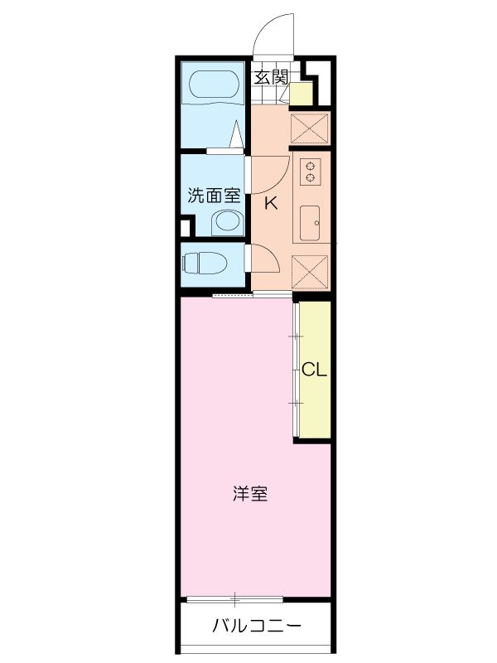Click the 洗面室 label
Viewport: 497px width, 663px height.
[213, 196]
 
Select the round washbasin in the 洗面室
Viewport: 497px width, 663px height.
[225, 221]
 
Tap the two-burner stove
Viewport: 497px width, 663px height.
[311, 171]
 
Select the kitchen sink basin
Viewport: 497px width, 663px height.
[311, 222]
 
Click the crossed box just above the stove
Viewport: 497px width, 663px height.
[311, 128]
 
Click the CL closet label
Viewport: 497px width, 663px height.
[314, 370]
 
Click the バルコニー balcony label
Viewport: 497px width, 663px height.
[255, 626]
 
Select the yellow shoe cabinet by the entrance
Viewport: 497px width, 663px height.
[302, 93]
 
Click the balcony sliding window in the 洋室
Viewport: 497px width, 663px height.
[235, 598]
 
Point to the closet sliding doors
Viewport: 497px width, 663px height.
[296, 370]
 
